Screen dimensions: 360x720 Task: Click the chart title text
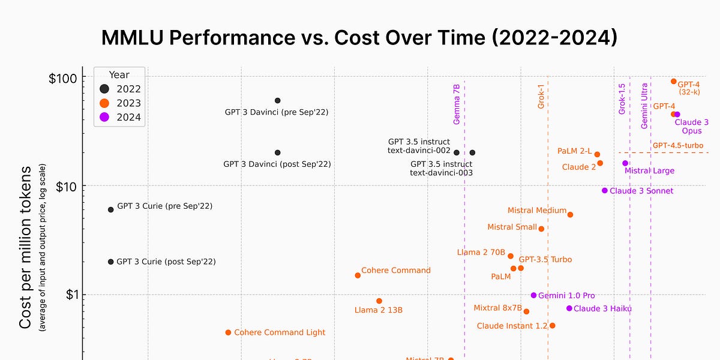[359, 37]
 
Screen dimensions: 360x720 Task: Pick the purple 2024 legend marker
[104, 117]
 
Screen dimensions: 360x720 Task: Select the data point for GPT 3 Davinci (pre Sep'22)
[277, 101]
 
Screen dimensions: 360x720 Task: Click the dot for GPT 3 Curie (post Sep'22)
[110, 262]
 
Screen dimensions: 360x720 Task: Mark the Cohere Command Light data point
[228, 332]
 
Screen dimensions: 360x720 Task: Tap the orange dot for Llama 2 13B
[379, 301]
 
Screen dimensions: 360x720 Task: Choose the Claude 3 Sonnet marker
[605, 191]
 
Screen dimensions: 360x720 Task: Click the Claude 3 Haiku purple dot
[569, 308]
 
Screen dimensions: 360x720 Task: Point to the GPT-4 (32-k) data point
[673, 82]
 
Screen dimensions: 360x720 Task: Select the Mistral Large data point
[625, 163]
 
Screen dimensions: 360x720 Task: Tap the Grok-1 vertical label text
[541, 97]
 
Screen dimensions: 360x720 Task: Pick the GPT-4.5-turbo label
[677, 145]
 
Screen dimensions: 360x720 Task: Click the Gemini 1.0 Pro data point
[533, 295]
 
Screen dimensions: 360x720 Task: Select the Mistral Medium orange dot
[570, 215]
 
